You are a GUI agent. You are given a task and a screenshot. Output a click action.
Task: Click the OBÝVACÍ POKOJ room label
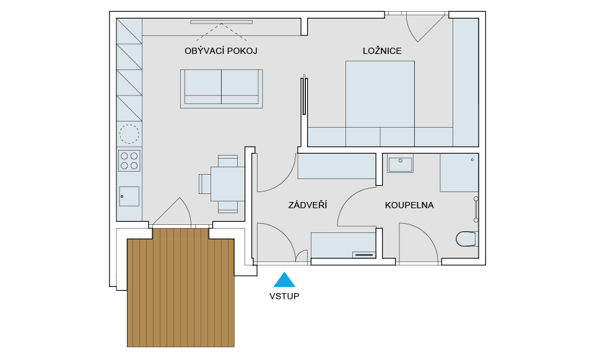pyautogui.click(x=221, y=51)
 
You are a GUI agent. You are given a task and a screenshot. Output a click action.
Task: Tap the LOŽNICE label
pyautogui.click(x=382, y=51)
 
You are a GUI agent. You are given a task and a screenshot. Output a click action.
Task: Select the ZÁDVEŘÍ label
pyautogui.click(x=308, y=205)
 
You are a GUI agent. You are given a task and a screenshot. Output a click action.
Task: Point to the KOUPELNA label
pyautogui.click(x=409, y=206)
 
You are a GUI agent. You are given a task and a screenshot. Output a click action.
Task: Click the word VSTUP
pyautogui.click(x=284, y=296)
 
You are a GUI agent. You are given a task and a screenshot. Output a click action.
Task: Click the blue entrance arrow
pyautogui.click(x=284, y=279)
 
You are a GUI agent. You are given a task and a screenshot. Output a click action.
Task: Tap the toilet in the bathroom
pyautogui.click(x=467, y=239)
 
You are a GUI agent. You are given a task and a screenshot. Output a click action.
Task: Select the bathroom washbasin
pyautogui.click(x=401, y=164)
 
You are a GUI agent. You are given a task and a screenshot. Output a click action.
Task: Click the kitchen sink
pyautogui.click(x=129, y=196)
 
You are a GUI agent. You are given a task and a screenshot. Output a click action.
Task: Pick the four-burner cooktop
pyautogui.click(x=129, y=160)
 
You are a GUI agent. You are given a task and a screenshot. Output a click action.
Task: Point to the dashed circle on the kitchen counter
pyautogui.click(x=129, y=134)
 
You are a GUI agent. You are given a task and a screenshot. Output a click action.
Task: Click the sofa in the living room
pyautogui.click(x=222, y=89)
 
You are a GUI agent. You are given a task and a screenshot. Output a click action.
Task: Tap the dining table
pyautogui.click(x=228, y=184)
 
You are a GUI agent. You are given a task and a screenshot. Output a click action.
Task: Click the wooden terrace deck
pyautogui.click(x=181, y=288)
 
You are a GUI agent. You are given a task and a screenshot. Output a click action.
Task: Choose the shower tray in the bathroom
pyautogui.click(x=459, y=172)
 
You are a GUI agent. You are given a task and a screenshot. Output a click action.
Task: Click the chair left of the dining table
pyautogui.click(x=205, y=184)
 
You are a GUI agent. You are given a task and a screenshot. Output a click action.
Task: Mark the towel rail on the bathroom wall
pyautogui.click(x=476, y=209)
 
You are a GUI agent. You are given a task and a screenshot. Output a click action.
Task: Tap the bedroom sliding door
pyautogui.click(x=304, y=95)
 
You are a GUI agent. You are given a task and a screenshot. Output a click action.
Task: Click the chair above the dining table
pyautogui.click(x=228, y=161)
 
